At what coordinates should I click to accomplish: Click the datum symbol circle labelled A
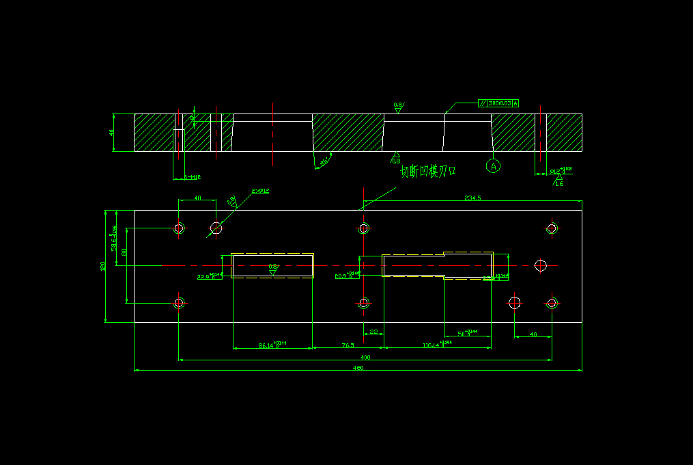[x=493, y=165]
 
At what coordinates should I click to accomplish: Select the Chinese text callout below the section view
[x=427, y=171]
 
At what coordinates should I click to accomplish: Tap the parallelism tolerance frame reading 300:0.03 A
[x=498, y=103]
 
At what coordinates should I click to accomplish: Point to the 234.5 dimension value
[x=472, y=198]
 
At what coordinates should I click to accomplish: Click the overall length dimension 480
[x=358, y=369]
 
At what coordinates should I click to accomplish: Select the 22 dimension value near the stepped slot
[x=373, y=332]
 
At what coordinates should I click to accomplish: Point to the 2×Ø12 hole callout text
[x=260, y=191]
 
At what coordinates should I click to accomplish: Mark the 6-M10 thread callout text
[x=193, y=178]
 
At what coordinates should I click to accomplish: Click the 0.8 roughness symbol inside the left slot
[x=272, y=268]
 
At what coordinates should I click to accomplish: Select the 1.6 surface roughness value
[x=559, y=183]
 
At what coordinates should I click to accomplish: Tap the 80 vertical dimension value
[x=124, y=252]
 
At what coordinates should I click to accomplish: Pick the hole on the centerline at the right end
[x=541, y=265]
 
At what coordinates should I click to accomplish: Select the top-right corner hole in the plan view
[x=552, y=228]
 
